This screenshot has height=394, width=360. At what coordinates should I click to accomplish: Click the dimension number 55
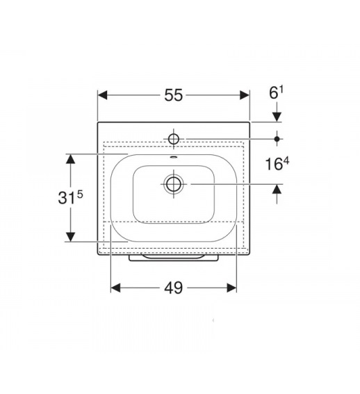[174, 95]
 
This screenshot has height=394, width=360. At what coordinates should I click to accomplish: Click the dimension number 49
[174, 288]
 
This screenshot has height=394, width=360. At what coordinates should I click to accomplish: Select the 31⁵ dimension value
[70, 197]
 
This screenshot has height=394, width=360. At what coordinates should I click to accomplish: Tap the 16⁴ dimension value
[277, 164]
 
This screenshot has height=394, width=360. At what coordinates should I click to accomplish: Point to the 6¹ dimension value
[276, 93]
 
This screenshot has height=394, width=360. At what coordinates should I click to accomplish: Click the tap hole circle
[174, 139]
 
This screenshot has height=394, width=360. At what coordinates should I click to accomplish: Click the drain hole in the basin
[174, 184]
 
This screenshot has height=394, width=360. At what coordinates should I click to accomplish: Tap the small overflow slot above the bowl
[174, 158]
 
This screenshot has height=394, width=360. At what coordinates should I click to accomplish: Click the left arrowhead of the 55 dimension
[103, 95]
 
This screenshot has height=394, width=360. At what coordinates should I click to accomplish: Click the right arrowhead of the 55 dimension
[245, 95]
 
